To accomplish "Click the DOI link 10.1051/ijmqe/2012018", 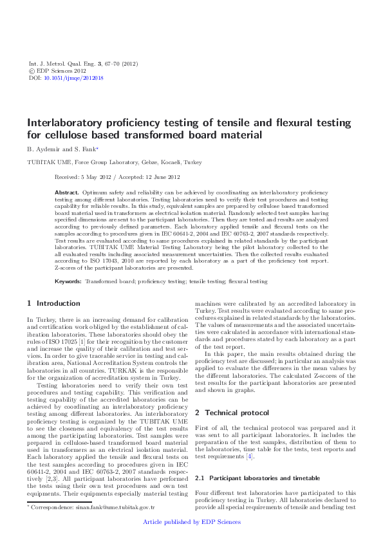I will tap(72, 78).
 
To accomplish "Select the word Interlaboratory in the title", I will tap(62, 123).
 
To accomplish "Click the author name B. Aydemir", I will tap(44, 149).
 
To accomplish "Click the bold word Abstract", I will tap(66, 192).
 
